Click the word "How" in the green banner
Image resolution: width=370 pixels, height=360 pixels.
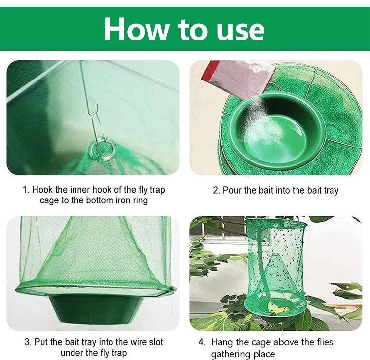tap(136, 29)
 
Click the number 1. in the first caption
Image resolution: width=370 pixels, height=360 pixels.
tap(26, 190)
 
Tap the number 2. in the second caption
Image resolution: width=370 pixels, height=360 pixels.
tap(217, 190)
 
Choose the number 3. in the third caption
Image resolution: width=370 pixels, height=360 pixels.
tap(28, 342)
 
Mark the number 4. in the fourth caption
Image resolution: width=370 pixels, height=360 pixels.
tap(202, 342)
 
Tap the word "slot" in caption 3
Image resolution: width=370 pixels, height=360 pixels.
tap(156, 342)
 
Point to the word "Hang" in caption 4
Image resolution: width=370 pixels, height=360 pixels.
tap(222, 343)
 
